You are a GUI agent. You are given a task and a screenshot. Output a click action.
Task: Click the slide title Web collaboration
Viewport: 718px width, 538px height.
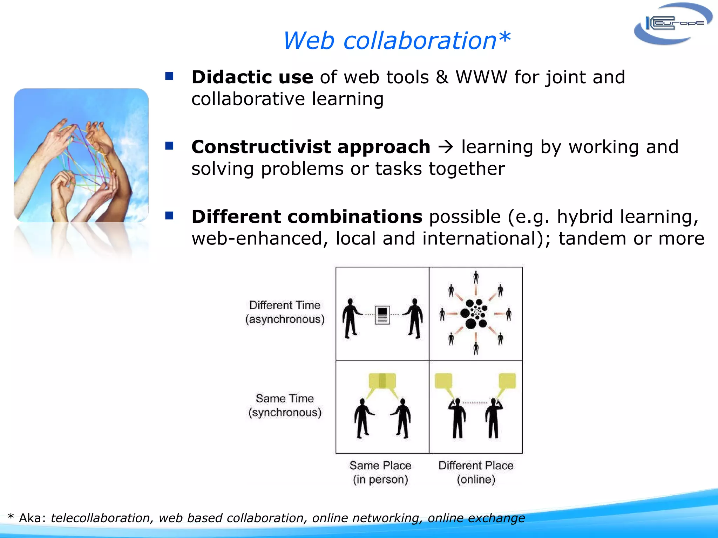pyautogui.click(x=396, y=41)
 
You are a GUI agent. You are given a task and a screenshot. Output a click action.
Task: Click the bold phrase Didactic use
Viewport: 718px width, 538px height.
pyautogui.click(x=252, y=77)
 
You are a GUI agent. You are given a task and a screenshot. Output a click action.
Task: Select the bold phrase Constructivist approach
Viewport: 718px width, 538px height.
pyautogui.click(x=311, y=147)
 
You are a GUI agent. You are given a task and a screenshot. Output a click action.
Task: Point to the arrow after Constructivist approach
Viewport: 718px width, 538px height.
pyautogui.click(x=446, y=147)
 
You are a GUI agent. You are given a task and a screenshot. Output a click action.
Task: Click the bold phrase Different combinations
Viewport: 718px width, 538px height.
pyautogui.click(x=307, y=216)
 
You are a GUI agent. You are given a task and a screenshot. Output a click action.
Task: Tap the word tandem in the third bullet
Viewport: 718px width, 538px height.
pyautogui.click(x=592, y=239)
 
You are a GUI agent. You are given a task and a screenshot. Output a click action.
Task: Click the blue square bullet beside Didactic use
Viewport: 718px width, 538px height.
pyautogui.click(x=169, y=76)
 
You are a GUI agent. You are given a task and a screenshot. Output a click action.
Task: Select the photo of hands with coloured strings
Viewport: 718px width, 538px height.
pyautogui.click(x=81, y=155)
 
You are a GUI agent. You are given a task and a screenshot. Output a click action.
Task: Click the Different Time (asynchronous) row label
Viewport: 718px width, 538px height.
pyautogui.click(x=285, y=312)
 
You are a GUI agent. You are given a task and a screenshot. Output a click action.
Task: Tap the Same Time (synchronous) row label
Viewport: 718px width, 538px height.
pyautogui.click(x=285, y=405)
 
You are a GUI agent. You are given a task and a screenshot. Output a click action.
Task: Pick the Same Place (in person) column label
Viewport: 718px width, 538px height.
pyautogui.click(x=380, y=472)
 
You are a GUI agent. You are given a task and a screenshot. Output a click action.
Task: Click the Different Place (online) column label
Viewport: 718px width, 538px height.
pyautogui.click(x=476, y=472)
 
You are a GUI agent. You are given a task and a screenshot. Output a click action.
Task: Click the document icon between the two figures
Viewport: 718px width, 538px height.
pyautogui.click(x=382, y=315)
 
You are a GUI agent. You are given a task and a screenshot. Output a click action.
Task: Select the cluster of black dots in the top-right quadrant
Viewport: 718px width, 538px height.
pyautogui.click(x=474, y=313)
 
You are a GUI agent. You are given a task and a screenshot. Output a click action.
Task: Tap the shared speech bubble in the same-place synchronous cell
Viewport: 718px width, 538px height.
pyautogui.click(x=382, y=381)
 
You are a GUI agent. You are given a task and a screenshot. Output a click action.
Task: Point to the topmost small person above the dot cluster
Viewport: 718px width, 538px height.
pyautogui.click(x=476, y=277)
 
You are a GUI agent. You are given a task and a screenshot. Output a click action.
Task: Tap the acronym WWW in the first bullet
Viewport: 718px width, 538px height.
pyautogui.click(x=481, y=77)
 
